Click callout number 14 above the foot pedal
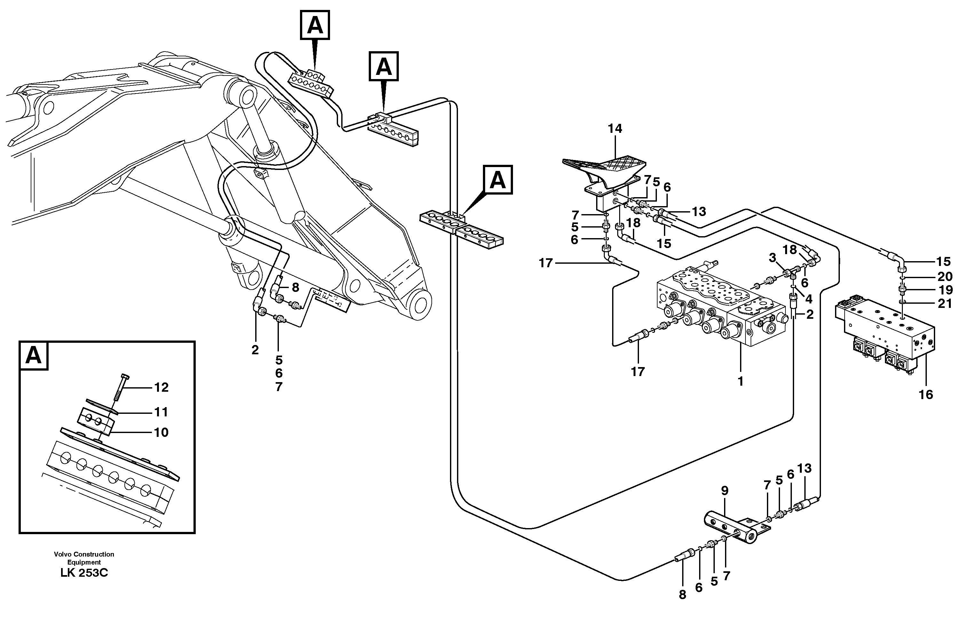pyautogui.click(x=615, y=129)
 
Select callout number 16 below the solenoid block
pyautogui.click(x=926, y=395)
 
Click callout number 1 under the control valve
pyautogui.click(x=740, y=381)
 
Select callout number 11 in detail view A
pyautogui.click(x=161, y=412)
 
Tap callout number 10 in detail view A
pyautogui.click(x=161, y=433)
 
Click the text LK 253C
pyautogui.click(x=84, y=573)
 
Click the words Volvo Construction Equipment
pyautogui.click(x=84, y=558)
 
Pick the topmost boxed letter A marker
pyautogui.click(x=315, y=25)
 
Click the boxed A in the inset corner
pyautogui.click(x=34, y=356)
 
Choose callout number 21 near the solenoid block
pyautogui.click(x=945, y=304)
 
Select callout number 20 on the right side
pyautogui.click(x=945, y=277)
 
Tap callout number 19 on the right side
pyautogui.click(x=945, y=290)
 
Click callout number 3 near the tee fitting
pyautogui.click(x=772, y=258)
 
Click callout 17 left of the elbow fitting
pyautogui.click(x=546, y=263)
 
